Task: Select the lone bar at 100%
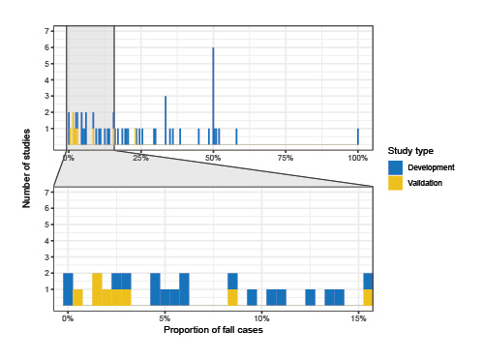coord(358,135)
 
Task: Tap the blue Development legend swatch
coord(394,167)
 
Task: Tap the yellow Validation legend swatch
coord(394,182)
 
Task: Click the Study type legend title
coord(409,151)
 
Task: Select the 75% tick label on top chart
coord(286,157)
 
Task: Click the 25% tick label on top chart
coord(140,157)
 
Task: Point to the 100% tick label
coord(357,157)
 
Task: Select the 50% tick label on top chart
coord(213,157)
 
